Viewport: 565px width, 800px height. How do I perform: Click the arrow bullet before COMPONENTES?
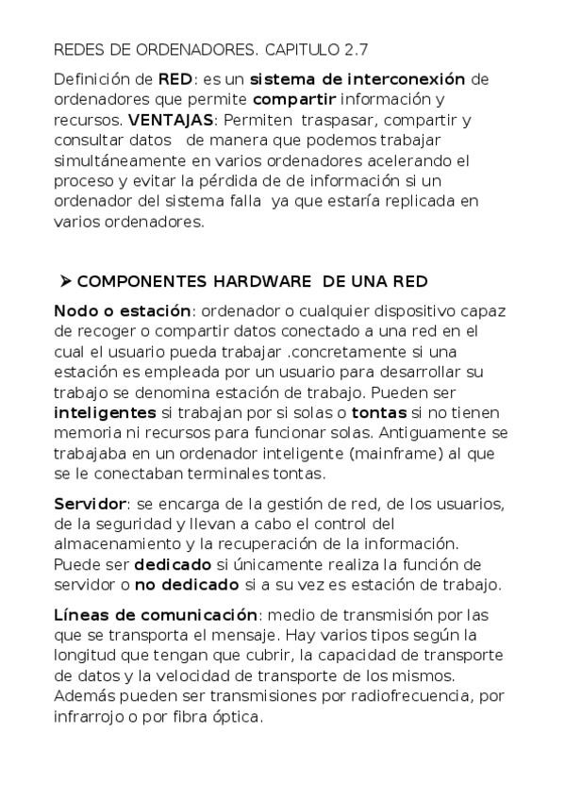[x=65, y=281]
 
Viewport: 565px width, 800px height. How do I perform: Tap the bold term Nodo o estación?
[x=123, y=310]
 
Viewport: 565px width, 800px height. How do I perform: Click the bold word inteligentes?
[x=106, y=412]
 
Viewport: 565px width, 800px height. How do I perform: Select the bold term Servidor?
[x=91, y=503]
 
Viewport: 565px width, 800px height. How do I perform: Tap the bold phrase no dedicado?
[x=187, y=585]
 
